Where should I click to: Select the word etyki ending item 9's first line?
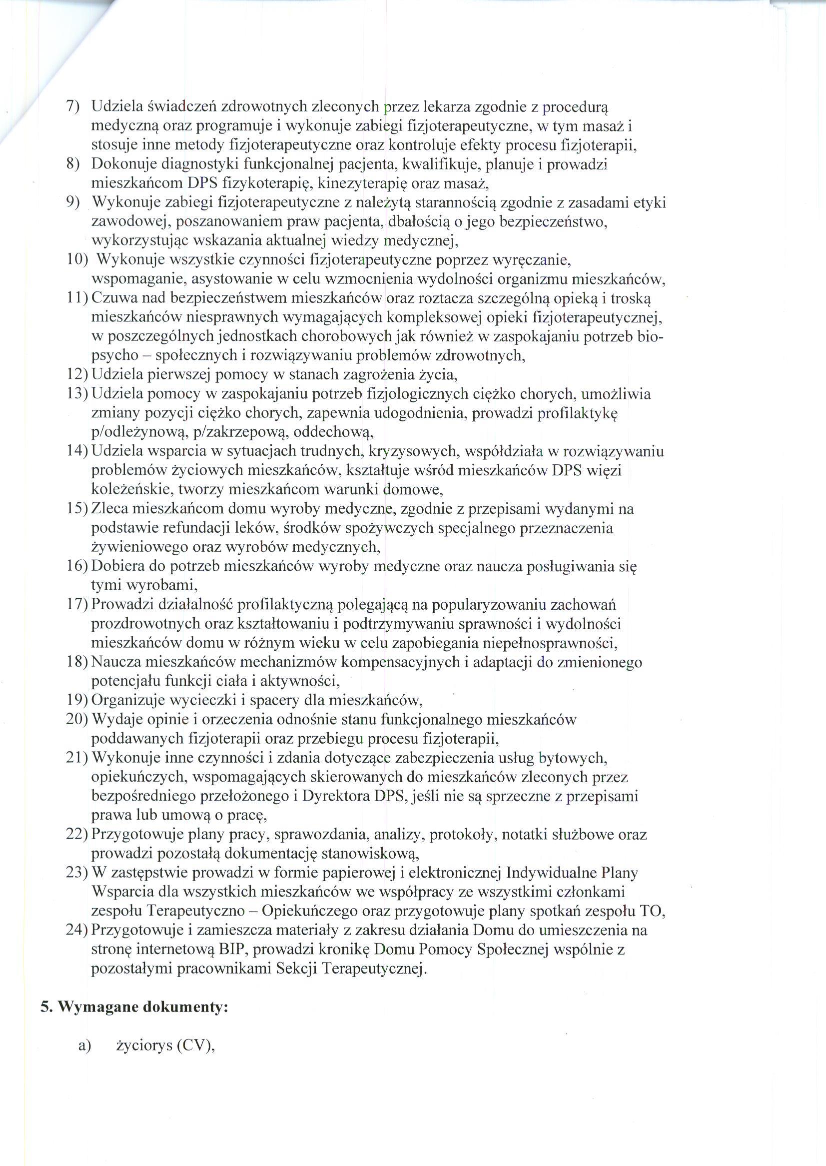point(650,203)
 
